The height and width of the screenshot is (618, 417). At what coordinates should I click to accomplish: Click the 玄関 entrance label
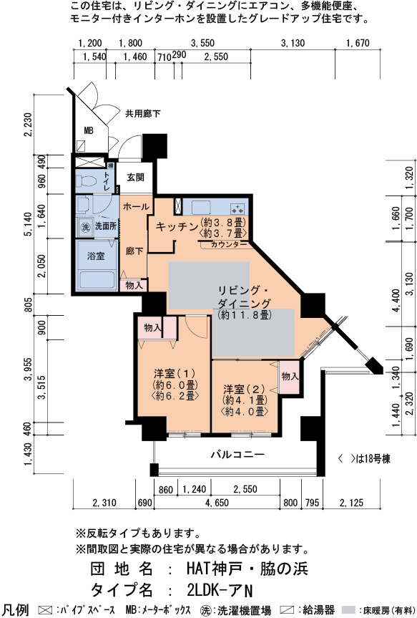click(x=135, y=178)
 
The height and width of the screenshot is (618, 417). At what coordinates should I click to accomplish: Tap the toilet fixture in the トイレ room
click(x=87, y=181)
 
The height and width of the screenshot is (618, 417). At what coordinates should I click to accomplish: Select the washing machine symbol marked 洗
click(x=85, y=227)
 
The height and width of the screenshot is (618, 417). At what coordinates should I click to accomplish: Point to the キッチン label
click(x=177, y=226)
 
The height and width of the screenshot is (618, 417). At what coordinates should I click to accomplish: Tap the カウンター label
click(x=229, y=245)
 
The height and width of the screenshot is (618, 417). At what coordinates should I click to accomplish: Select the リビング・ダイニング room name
click(x=244, y=297)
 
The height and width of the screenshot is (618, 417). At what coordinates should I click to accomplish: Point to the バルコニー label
click(x=237, y=455)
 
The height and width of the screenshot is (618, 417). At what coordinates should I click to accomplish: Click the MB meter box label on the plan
click(x=89, y=130)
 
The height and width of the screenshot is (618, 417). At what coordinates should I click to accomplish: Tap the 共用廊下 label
click(x=143, y=114)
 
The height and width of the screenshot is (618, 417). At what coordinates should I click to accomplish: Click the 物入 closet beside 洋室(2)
click(x=290, y=377)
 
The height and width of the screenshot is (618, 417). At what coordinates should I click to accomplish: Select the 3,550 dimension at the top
click(x=202, y=43)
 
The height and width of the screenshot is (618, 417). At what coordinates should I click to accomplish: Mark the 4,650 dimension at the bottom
click(x=217, y=503)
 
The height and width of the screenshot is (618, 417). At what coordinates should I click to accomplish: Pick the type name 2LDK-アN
click(x=220, y=590)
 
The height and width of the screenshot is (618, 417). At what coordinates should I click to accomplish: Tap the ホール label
click(x=136, y=206)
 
